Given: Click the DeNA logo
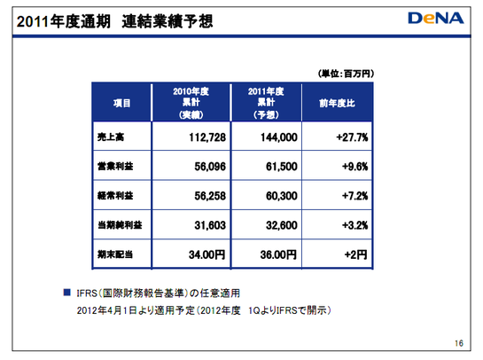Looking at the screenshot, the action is (436, 19).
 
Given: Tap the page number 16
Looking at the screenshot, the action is (459, 343).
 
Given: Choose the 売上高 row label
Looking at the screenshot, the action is (111, 137).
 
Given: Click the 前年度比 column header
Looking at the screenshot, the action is (337, 103).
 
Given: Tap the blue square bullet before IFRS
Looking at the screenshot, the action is (66, 293).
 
